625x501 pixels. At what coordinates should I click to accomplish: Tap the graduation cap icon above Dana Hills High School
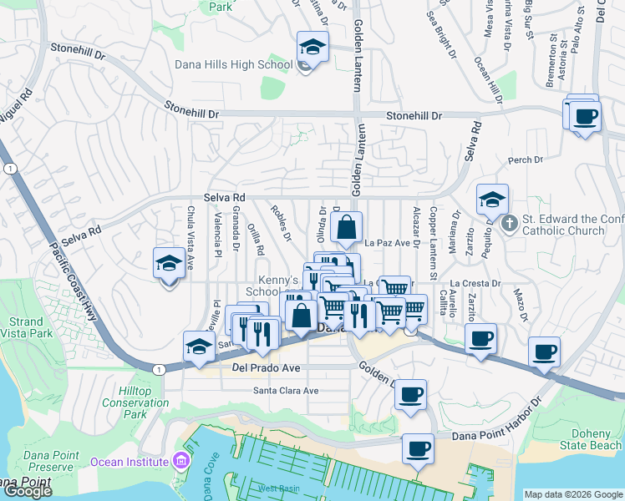[x=312, y=47]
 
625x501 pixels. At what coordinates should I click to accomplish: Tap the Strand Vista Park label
[x=25, y=327]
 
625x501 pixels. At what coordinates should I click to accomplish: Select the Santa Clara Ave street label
[x=287, y=391]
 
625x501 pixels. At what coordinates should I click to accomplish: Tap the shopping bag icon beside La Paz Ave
[x=346, y=226]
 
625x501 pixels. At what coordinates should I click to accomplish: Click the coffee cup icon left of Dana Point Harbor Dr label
[x=418, y=449]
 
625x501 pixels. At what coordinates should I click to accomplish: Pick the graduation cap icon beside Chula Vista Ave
[x=169, y=264]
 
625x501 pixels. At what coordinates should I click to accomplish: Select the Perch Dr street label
[x=520, y=159]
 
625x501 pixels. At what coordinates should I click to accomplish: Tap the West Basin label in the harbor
[x=277, y=488]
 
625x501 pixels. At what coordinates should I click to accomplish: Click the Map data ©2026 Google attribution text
[x=573, y=494]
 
